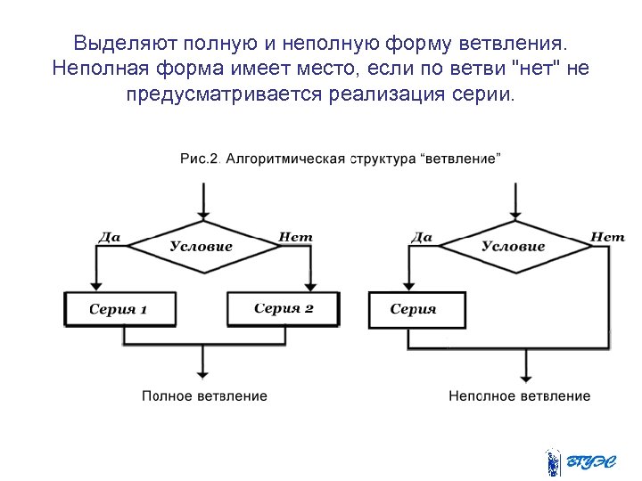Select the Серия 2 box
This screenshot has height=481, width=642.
click(284, 308)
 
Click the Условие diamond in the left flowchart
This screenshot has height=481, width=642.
click(202, 246)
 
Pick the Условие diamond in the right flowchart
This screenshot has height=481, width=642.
click(513, 246)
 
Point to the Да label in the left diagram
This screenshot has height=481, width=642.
click(109, 237)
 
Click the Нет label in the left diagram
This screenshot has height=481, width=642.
click(296, 237)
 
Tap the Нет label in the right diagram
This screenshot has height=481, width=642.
click(607, 237)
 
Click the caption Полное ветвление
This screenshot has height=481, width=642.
click(204, 395)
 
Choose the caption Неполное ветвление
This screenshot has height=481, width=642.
click(519, 395)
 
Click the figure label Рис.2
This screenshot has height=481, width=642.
click(199, 159)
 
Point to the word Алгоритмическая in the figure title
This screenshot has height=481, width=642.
click(284, 159)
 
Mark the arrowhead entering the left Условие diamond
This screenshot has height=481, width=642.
click(204, 214)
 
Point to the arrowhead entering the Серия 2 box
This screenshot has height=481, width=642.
click(309, 287)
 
